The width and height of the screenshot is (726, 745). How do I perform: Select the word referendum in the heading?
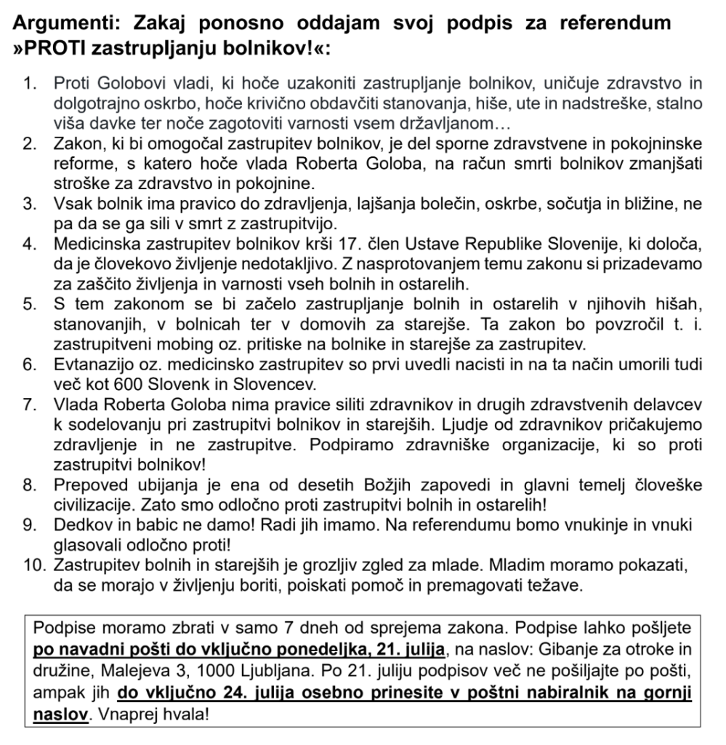tap(618, 23)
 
